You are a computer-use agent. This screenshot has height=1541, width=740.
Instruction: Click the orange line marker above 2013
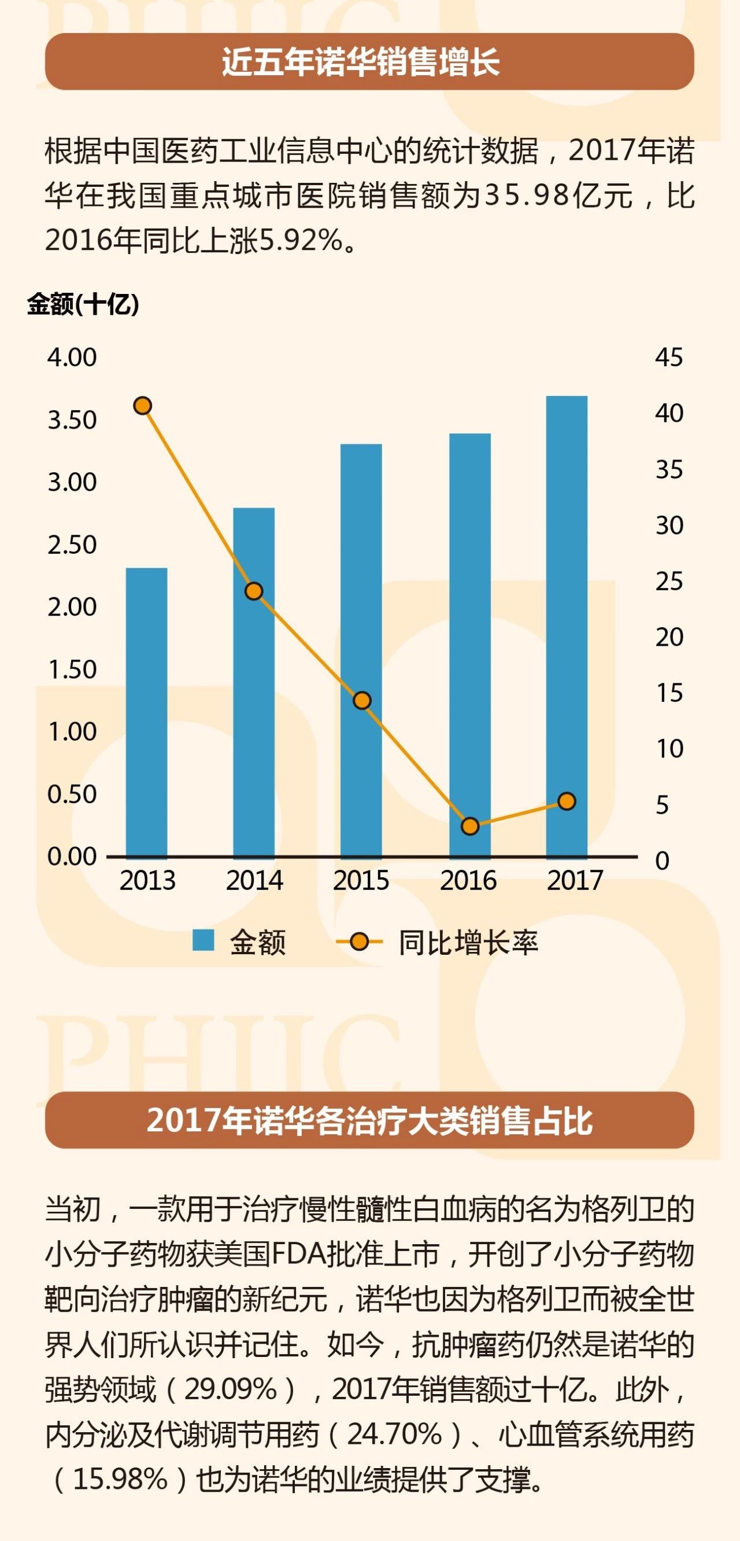(142, 406)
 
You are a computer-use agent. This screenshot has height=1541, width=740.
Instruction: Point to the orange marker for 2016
(471, 827)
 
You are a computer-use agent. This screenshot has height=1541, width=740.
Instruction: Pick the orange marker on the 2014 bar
(254, 591)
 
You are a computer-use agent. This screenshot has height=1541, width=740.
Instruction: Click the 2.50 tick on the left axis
(72, 545)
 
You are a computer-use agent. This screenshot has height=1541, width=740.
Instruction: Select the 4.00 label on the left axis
(72, 358)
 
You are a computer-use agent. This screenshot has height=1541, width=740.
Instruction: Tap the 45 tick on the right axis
(669, 358)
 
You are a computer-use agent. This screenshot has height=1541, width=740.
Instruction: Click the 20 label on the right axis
(669, 638)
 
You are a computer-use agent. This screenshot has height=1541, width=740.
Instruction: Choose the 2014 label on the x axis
(254, 881)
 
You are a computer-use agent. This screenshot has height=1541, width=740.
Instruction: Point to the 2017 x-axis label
(575, 881)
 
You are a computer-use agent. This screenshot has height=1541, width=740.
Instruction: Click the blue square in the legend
(203, 940)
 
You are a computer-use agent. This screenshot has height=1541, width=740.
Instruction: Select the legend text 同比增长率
(468, 943)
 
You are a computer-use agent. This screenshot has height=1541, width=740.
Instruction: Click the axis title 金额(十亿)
(83, 304)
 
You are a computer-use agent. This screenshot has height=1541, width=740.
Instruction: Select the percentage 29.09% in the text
(231, 1389)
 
